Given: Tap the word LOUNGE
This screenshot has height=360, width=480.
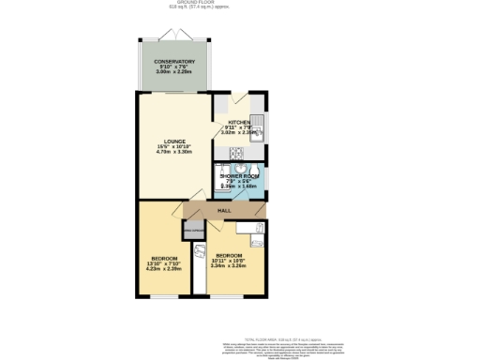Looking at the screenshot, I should [x=160, y=141].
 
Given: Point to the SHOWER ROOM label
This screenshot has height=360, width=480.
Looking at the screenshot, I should [x=239, y=175].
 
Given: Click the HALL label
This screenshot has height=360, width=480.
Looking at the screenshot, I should [x=224, y=211].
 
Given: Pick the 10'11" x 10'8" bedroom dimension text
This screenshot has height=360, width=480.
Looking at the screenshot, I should [x=230, y=260].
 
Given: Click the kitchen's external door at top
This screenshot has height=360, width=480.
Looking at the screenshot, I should [x=238, y=97].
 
